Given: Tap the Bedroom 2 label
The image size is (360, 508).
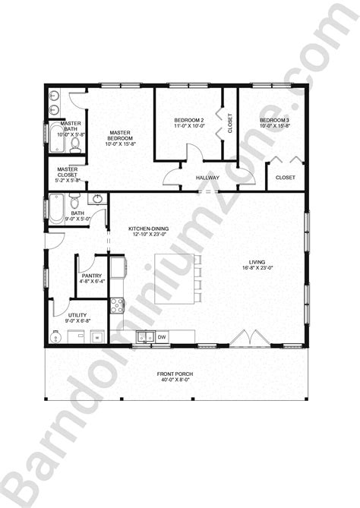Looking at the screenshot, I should pos(189,121).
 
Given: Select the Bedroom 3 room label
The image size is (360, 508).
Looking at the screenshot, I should pos(274,121).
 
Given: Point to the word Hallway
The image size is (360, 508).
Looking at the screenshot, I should pos(208,178).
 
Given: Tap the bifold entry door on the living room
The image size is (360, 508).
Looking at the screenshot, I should pos(246,336).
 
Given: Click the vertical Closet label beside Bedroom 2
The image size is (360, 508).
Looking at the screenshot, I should pos(230,122).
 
